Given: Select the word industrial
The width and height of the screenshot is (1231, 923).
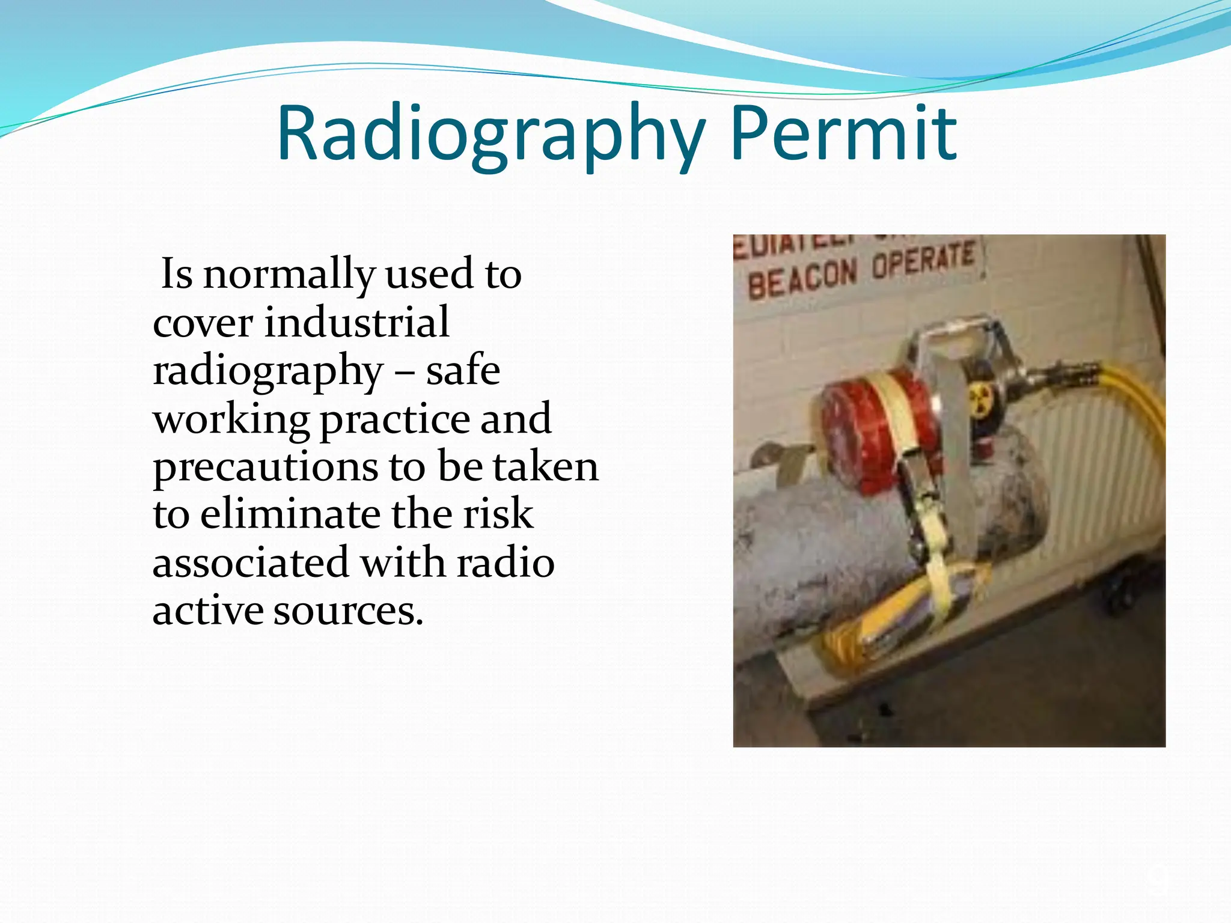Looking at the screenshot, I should (357, 323).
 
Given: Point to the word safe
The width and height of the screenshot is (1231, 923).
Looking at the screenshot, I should (463, 371).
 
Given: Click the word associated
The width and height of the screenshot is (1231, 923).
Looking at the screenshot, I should (251, 563).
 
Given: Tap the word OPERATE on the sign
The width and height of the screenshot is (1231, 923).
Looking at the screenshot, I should (923, 260).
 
